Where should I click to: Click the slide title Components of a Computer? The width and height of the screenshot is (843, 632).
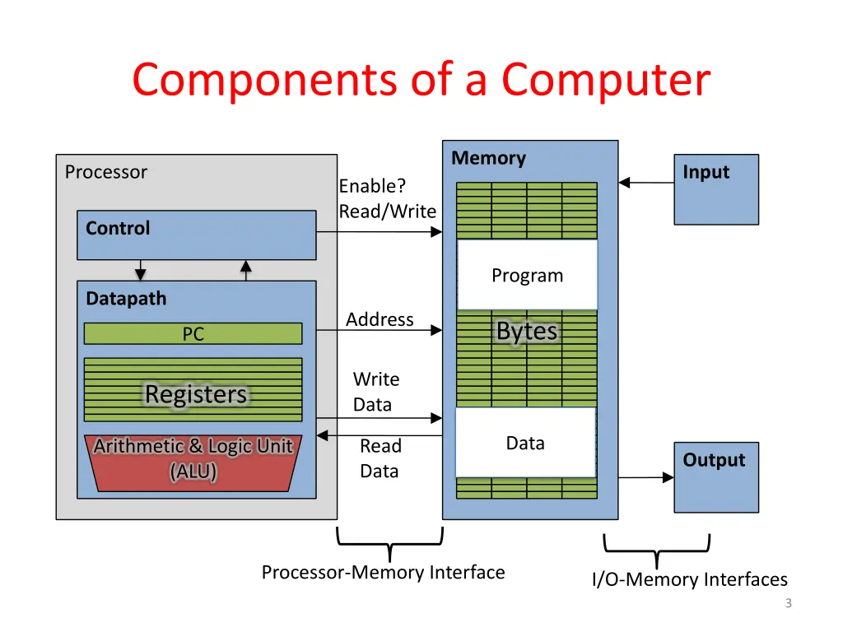pos(421,81)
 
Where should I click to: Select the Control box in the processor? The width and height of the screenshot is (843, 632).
pos(196,235)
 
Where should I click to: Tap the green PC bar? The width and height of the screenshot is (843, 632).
pos(193,333)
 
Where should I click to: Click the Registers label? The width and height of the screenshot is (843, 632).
pos(196,394)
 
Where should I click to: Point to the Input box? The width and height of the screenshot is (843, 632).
pos(716,189)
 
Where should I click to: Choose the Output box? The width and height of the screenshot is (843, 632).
pos(716,477)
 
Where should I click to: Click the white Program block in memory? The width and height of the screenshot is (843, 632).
pos(527,276)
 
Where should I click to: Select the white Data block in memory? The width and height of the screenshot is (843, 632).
pos(525,443)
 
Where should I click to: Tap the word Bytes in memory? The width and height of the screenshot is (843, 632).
pos(527,332)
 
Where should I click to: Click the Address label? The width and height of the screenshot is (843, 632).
pos(380,319)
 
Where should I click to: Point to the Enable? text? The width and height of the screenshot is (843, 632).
pos(372,186)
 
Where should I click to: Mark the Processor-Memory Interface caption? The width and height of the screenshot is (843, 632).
pos(383,572)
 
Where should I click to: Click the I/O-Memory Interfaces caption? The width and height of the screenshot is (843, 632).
pos(689,580)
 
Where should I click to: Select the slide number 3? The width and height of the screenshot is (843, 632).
pos(788,603)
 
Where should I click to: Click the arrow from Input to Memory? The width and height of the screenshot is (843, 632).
pos(646,183)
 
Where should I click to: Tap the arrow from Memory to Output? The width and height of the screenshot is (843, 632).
pos(646,476)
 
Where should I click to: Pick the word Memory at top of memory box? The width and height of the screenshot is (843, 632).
pos(488,158)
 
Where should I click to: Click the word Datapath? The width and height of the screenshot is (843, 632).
pos(126,299)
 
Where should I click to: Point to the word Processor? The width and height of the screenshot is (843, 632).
pos(105,172)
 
